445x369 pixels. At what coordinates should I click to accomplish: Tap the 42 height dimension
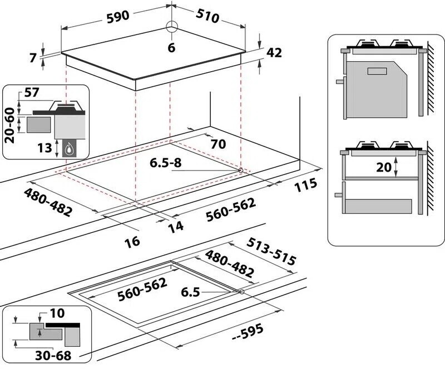pyautogui.click(x=275, y=53)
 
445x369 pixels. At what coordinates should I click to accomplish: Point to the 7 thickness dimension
pyautogui.click(x=32, y=58)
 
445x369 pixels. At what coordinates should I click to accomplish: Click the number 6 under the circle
pyautogui.click(x=171, y=48)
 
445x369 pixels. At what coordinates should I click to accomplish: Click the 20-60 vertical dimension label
pyautogui.click(x=9, y=125)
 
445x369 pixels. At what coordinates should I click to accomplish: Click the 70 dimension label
pyautogui.click(x=217, y=144)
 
